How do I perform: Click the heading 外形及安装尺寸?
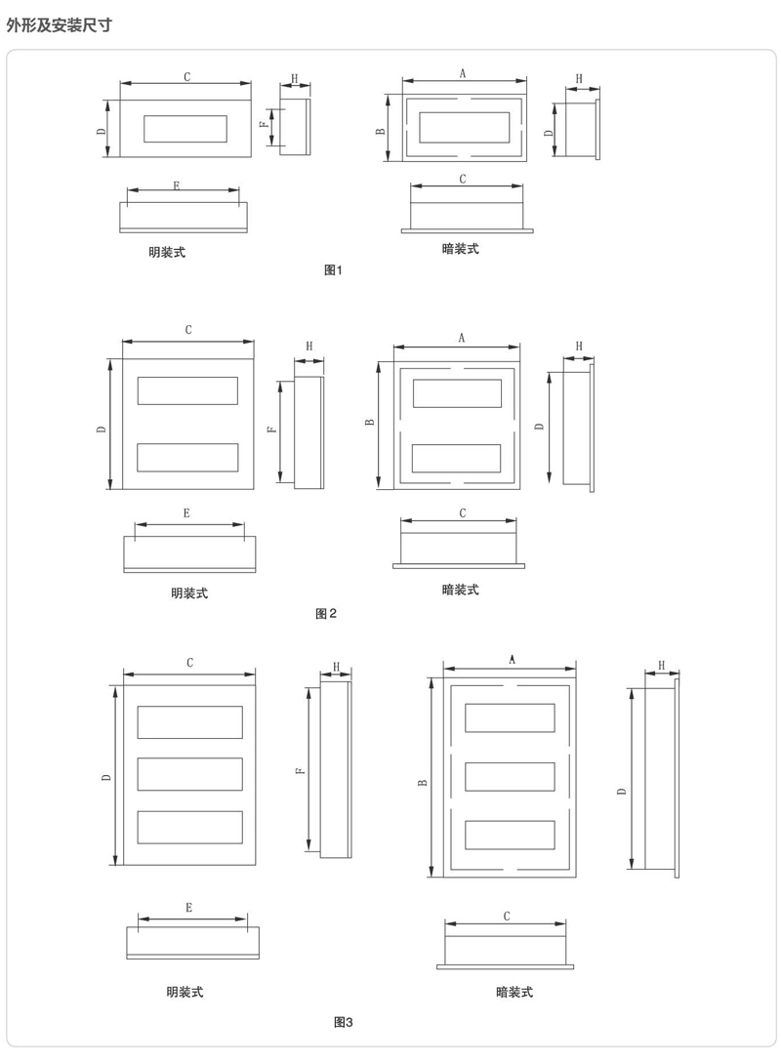59,25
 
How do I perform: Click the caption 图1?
333,270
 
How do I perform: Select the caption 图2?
326,614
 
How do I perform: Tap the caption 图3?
343,1022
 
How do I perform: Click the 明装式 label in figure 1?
167,252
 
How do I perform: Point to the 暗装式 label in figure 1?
461,249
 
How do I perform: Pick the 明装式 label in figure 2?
189,593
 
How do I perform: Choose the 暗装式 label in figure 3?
514,993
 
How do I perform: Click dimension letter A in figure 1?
463,73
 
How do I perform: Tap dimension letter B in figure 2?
370,422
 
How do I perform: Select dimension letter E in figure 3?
189,908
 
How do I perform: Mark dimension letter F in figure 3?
301,771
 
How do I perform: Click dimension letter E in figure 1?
177,185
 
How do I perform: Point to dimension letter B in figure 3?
423,782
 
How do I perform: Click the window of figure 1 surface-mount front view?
185,129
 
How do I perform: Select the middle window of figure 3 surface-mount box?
189,774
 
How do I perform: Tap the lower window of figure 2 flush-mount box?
456,458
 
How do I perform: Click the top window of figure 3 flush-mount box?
510,717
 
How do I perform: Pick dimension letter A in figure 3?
512,660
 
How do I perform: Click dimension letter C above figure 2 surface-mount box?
188,330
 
